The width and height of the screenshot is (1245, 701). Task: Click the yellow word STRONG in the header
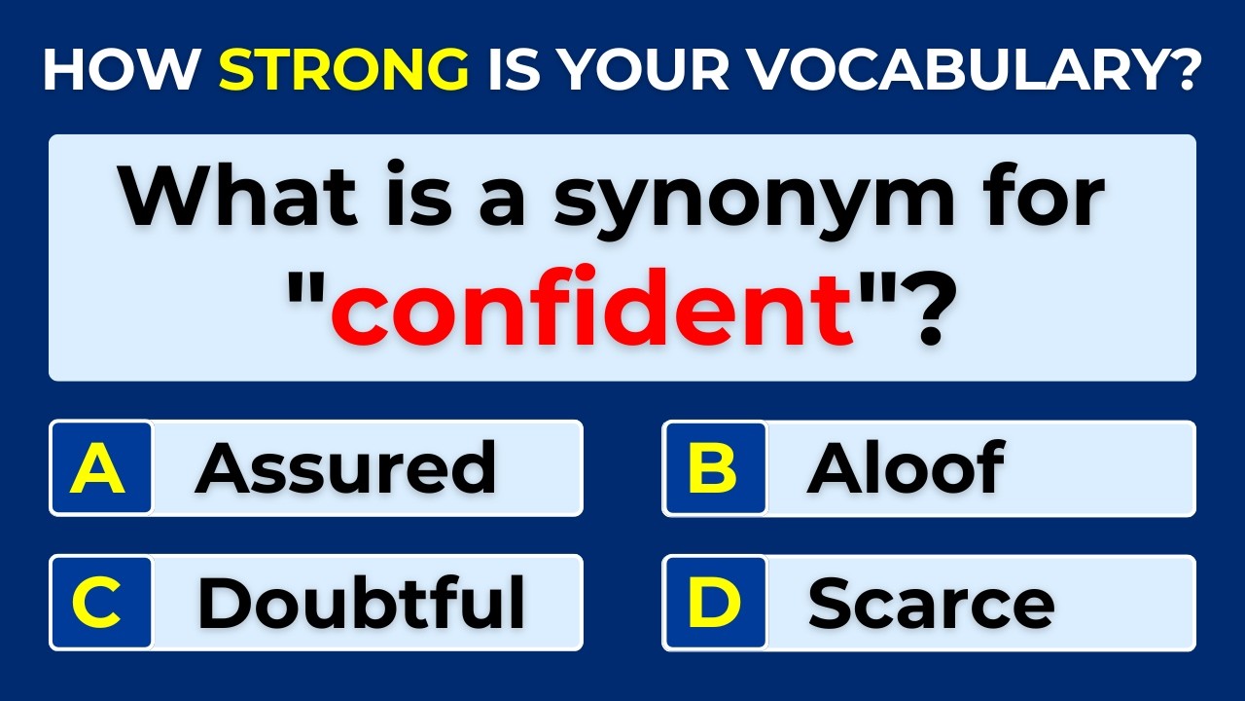click(x=343, y=69)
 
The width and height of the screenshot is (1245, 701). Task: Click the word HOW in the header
click(x=121, y=69)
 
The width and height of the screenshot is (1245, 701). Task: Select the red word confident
click(x=592, y=311)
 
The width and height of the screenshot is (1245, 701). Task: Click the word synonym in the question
click(x=755, y=200)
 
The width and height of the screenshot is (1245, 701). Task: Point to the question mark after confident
click(x=918, y=312)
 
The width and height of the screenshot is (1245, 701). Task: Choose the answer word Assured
click(x=346, y=468)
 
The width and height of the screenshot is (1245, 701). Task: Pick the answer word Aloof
click(x=906, y=468)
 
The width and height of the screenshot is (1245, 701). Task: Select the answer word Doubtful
click(x=361, y=604)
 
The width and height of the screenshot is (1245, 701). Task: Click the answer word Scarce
click(x=931, y=604)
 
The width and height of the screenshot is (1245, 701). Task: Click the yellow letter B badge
click(x=714, y=468)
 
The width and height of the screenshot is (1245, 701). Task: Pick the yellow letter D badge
click(x=714, y=604)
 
